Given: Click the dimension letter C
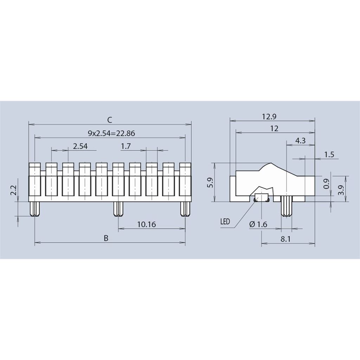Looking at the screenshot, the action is (x=110, y=120).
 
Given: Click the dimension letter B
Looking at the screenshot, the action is (x=106, y=238).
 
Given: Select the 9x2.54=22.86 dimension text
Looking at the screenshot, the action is (x=111, y=133).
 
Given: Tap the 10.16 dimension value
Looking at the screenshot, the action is (x=147, y=224).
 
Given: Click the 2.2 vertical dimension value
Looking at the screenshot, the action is (x=14, y=190).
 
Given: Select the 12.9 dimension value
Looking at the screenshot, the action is (x=269, y=117).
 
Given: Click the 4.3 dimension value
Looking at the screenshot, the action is (x=300, y=140).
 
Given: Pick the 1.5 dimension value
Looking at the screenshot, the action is (x=329, y=155).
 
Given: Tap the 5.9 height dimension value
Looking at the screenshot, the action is (x=210, y=182).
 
